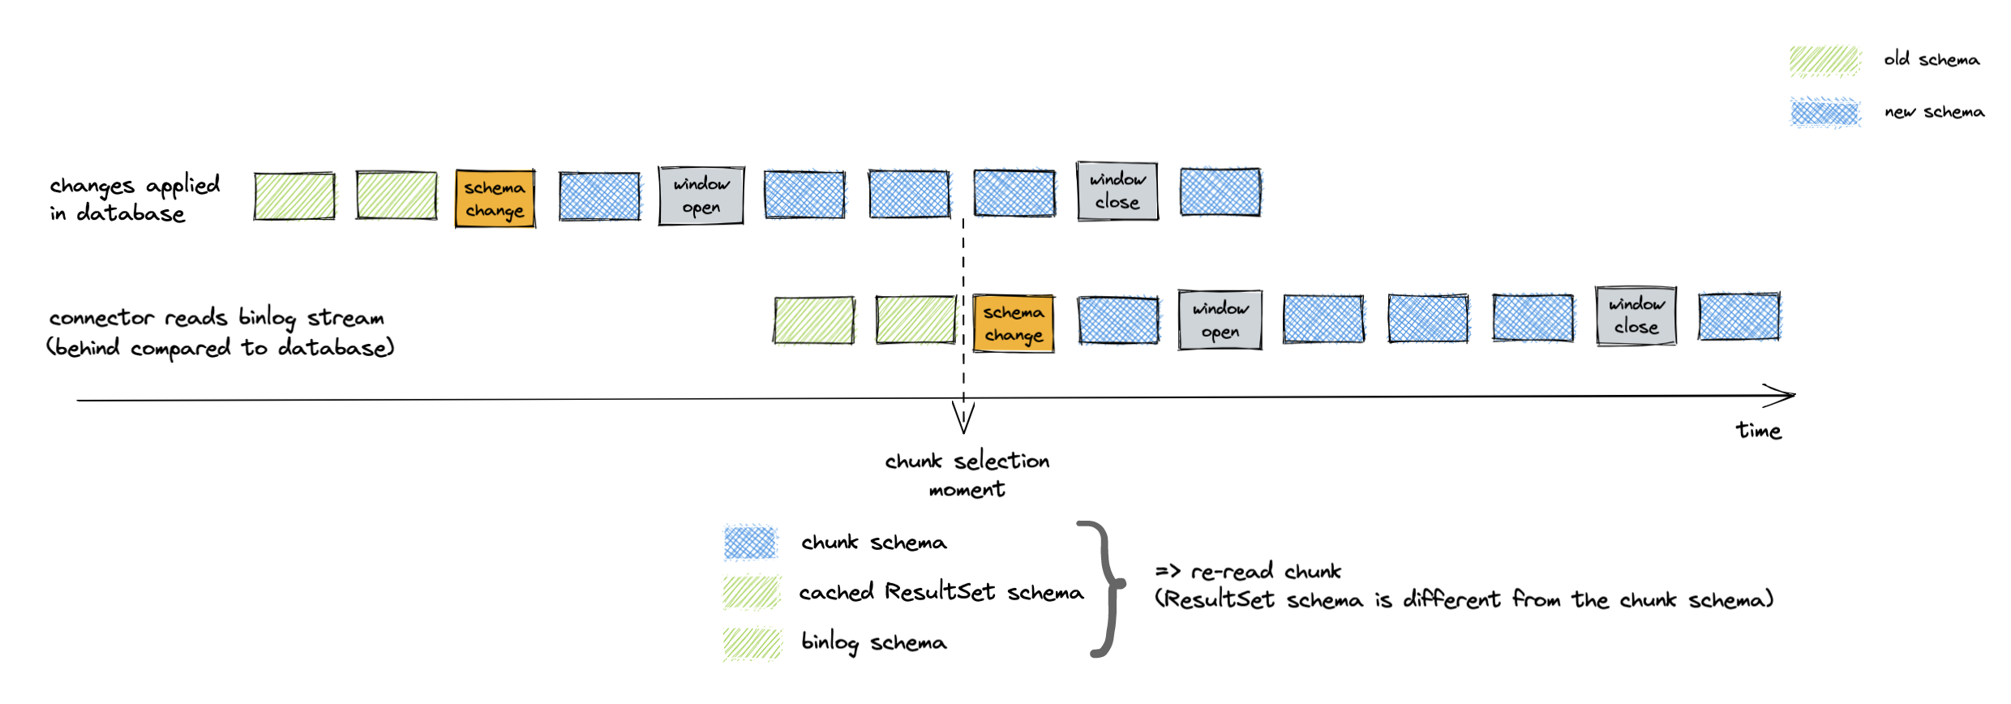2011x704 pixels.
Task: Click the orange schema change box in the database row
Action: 495,199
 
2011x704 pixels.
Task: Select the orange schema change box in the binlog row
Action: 1014,324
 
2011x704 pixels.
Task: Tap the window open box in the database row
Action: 701,195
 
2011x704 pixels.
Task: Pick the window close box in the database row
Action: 1117,191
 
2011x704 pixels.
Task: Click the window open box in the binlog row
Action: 1220,320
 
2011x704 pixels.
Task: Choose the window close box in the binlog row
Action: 1636,316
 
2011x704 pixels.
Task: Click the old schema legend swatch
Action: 1824,61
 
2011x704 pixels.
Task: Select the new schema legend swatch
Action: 1824,113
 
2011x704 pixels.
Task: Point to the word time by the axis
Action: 1758,430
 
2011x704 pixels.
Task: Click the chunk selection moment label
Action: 967,474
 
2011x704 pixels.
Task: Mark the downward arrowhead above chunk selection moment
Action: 963,418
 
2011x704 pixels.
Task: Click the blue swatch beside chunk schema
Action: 750,543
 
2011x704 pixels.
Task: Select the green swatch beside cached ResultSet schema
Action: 751,592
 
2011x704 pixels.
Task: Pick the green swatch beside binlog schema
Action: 752,643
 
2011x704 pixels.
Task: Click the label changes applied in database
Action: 135,199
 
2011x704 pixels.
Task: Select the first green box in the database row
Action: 294,196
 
